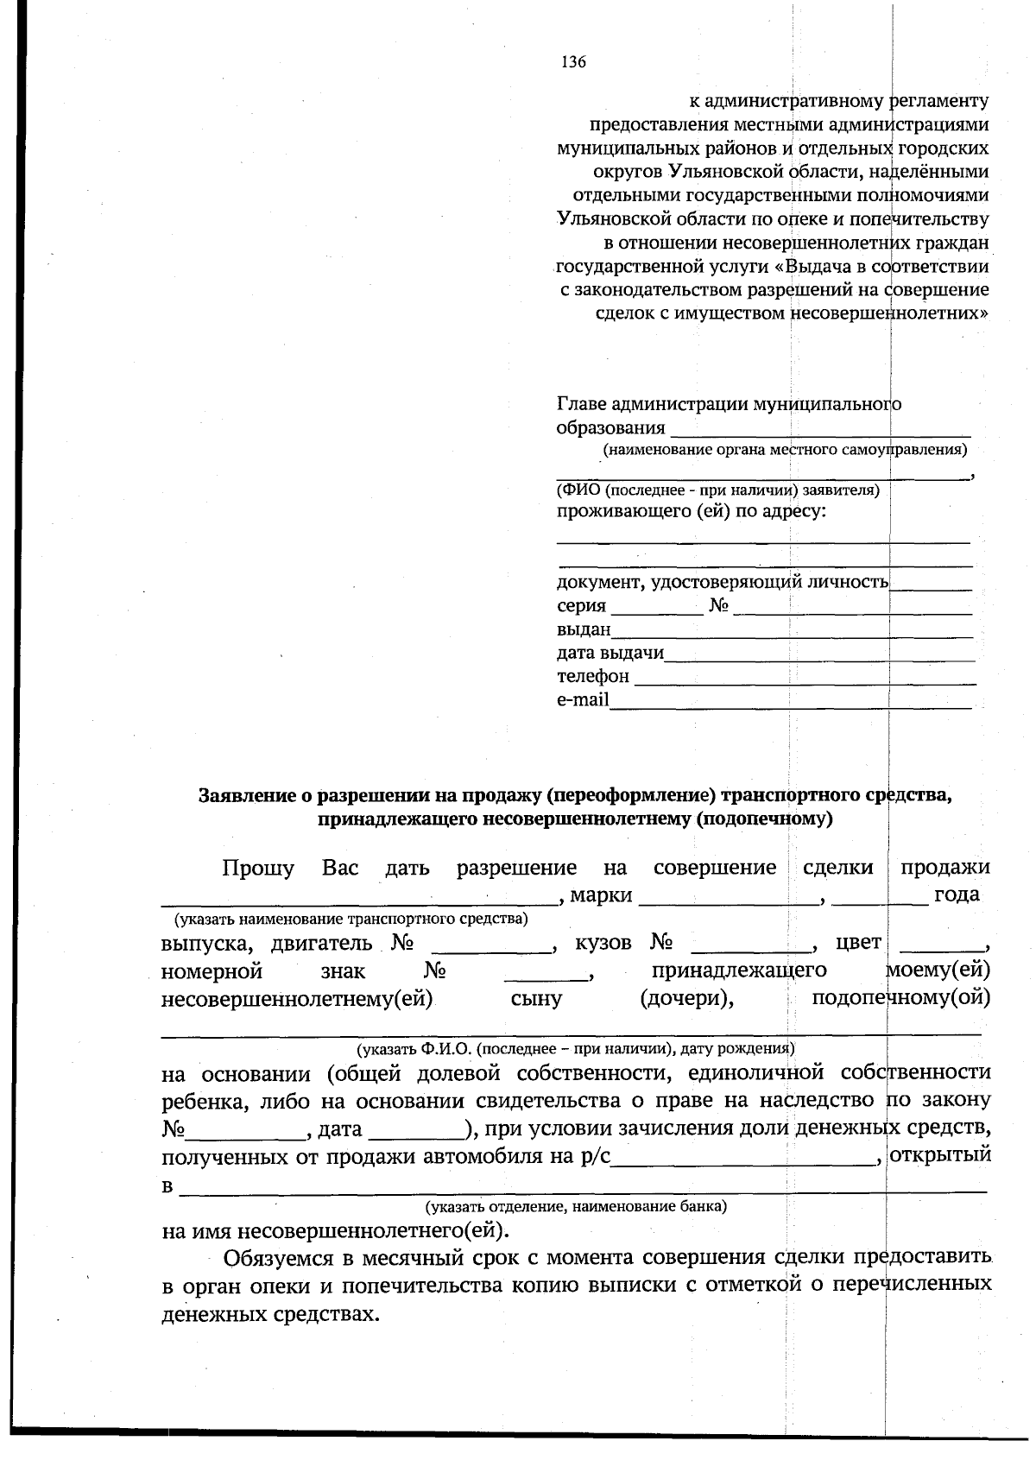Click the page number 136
tap(573, 62)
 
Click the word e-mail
tap(583, 699)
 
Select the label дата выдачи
tap(610, 653)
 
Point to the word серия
tap(581, 606)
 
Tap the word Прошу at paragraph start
tap(257, 868)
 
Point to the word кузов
tap(603, 943)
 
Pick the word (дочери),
tap(687, 999)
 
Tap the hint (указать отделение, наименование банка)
tap(574, 1206)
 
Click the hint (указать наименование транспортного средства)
tap(351, 919)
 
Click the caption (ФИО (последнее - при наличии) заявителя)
tap(717, 490)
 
